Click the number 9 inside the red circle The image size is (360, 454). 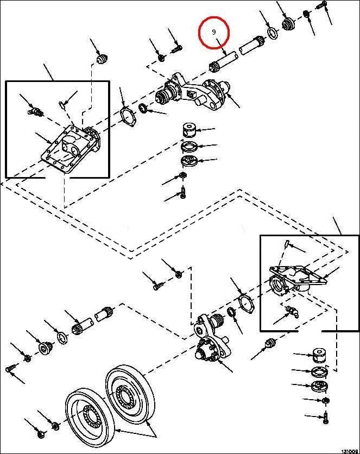pos(214,32)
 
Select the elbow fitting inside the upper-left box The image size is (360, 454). pos(35,110)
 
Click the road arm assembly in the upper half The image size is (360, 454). pos(192,92)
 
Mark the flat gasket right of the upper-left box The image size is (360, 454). pos(128,116)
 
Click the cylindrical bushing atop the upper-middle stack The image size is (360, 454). pos(189,130)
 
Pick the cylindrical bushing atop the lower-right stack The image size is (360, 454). pos(320,356)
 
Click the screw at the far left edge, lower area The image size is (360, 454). pos(9,369)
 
